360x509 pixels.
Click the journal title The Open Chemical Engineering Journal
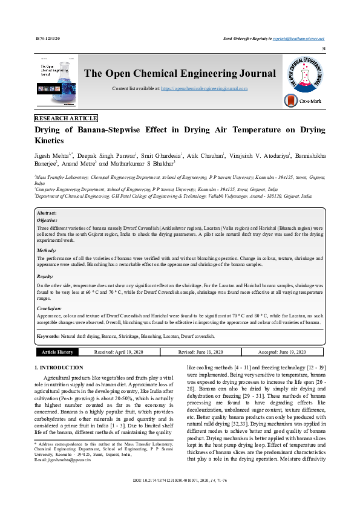pyautogui.click(x=180, y=74)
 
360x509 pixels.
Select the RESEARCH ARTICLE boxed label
pyautogui.click(x=66, y=118)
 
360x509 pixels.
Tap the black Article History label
pyautogui.click(x=57, y=351)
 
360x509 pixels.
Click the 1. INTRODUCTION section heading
pyautogui.click(x=59, y=368)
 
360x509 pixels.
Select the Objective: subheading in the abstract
pyautogui.click(x=48, y=221)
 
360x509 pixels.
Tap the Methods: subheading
pyautogui.click(x=47, y=250)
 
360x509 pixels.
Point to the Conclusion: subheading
pyautogui.click(x=50, y=308)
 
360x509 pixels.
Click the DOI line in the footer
pyautogui.click(x=180, y=498)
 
